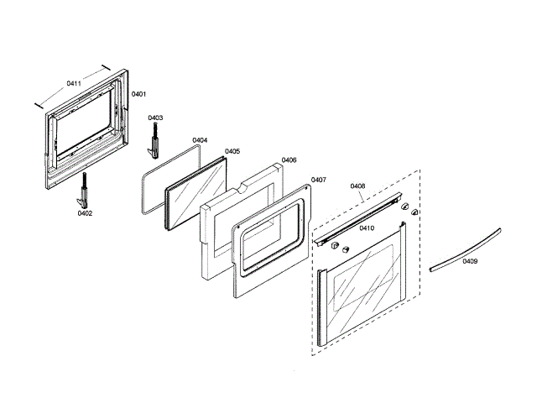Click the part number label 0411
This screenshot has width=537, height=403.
click(x=73, y=84)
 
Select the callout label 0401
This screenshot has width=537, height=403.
click(x=139, y=93)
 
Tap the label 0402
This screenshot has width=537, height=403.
click(x=85, y=213)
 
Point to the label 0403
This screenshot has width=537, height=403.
click(x=155, y=118)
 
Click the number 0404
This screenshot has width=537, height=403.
click(x=200, y=140)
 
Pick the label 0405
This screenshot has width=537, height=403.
click(x=232, y=151)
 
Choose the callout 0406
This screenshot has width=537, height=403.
click(x=289, y=160)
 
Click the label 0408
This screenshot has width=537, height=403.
click(x=357, y=186)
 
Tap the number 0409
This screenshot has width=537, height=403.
click(x=470, y=261)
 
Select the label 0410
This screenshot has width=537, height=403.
click(x=367, y=228)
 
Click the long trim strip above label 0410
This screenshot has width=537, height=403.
click(x=361, y=217)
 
